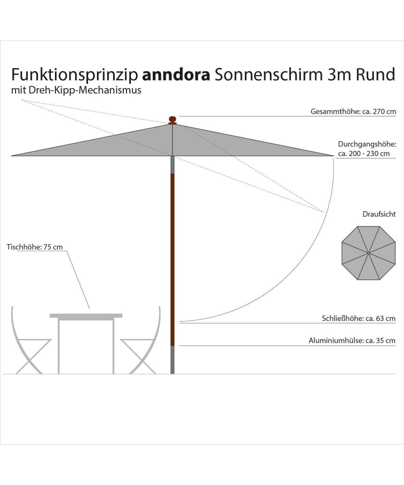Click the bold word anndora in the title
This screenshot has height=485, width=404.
coord(176,75)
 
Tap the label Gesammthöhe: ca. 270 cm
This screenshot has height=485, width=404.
coord(353,112)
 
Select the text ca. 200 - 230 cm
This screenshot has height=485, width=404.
coord(364,154)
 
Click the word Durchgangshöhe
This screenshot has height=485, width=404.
coord(366,144)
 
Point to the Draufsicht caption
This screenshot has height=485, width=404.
coord(379,214)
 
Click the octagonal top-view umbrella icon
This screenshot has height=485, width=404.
coord(368,253)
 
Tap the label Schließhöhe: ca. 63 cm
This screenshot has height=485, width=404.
coord(358,318)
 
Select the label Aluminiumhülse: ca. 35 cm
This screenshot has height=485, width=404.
coord(352,341)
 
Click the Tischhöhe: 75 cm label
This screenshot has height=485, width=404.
coord(35,247)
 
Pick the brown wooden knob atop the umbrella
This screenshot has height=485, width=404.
coord(173,120)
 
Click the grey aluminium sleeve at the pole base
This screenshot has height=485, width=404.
coord(173,360)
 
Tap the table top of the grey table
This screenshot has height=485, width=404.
coord(86,315)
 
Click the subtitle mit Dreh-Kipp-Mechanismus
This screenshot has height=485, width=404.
coord(76,90)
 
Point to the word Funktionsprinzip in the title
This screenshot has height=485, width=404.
coord(74,75)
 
